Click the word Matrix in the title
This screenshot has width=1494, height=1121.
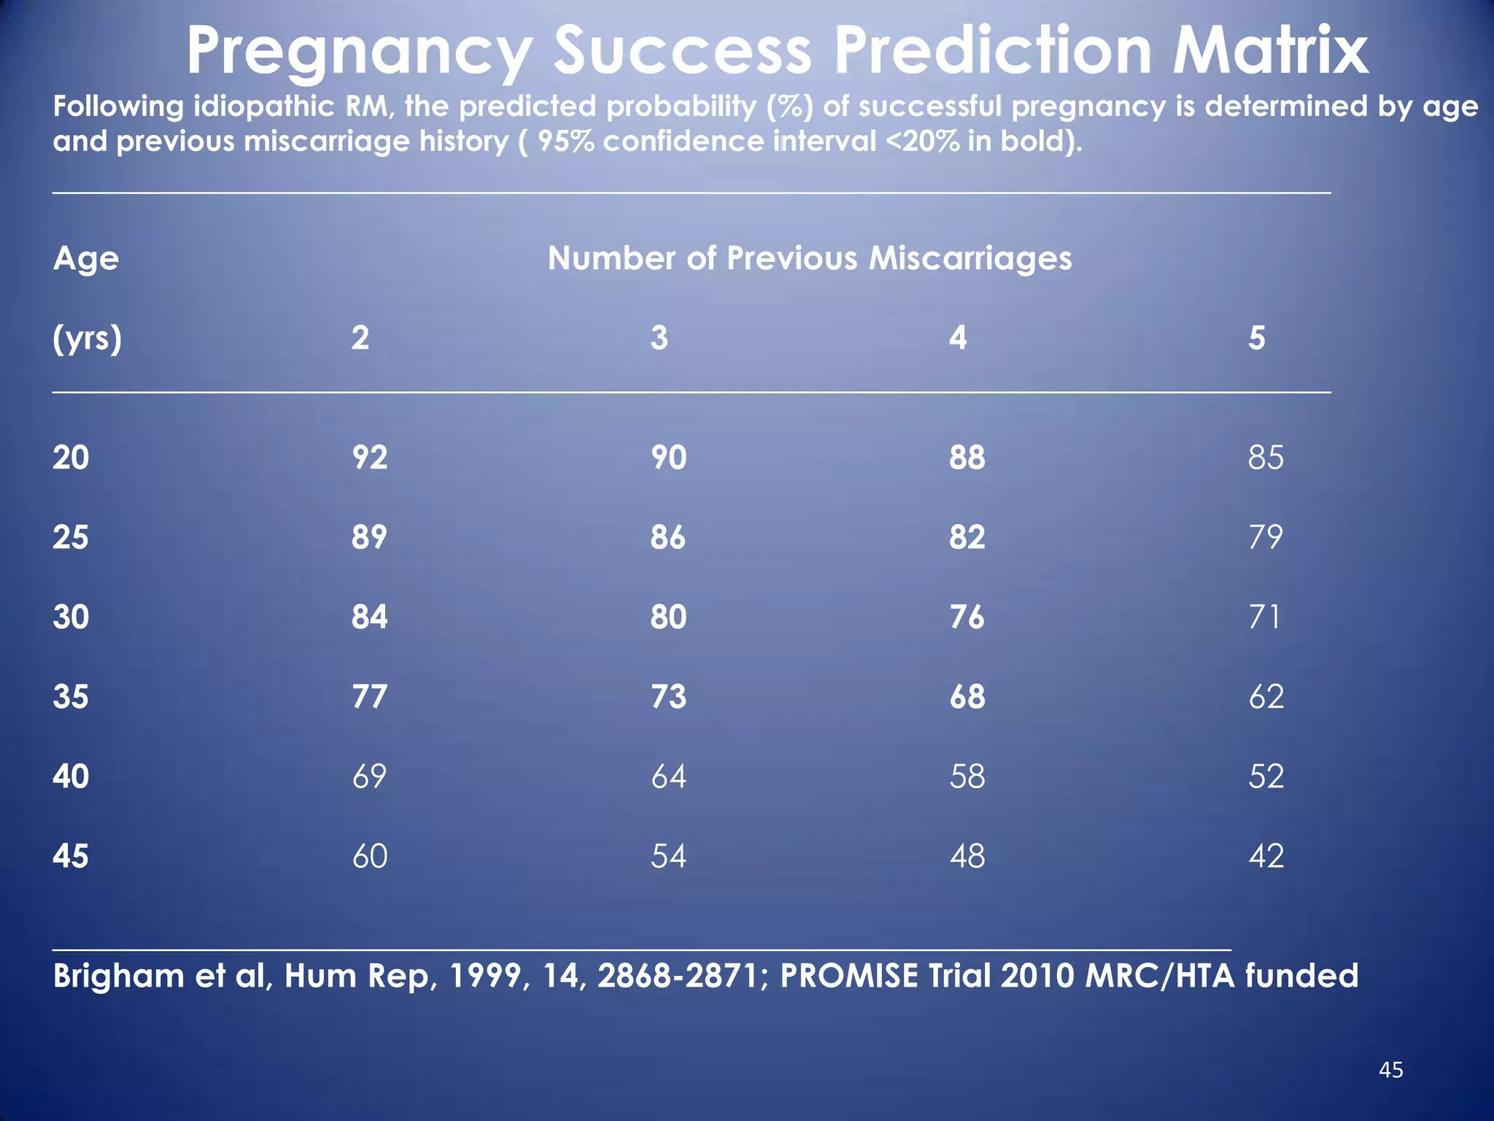pyautogui.click(x=1269, y=51)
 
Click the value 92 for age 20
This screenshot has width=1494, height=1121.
pyautogui.click(x=369, y=458)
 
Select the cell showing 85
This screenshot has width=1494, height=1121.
pyautogui.click(x=1266, y=458)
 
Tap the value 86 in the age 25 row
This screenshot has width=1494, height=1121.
pyautogui.click(x=668, y=537)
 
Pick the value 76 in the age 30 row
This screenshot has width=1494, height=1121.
pyautogui.click(x=967, y=617)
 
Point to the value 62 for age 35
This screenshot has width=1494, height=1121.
pyautogui.click(x=1266, y=696)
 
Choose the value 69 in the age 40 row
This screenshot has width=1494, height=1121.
pyautogui.click(x=369, y=776)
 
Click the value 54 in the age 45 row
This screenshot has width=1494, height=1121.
pyautogui.click(x=668, y=855)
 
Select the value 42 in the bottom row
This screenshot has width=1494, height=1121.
pyautogui.click(x=1266, y=855)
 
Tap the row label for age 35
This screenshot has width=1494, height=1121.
pyautogui.click(x=71, y=696)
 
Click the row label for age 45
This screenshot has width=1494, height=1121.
pyautogui.click(x=71, y=855)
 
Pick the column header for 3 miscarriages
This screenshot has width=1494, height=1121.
pyautogui.click(x=659, y=338)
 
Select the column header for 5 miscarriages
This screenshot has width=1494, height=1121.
pyautogui.click(x=1256, y=338)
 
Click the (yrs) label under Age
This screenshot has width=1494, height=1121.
pyautogui.click(x=87, y=339)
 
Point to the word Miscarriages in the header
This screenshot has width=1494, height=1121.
pyautogui.click(x=970, y=258)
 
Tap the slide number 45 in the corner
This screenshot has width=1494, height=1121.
pyautogui.click(x=1390, y=1070)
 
